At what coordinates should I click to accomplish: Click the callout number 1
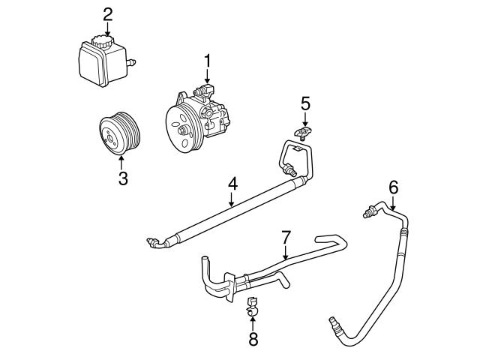(x=207, y=59)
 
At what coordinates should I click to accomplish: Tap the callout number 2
(x=108, y=13)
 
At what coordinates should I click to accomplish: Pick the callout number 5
(x=305, y=102)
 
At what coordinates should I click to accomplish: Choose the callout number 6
(x=393, y=187)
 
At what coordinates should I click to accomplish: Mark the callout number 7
(x=286, y=237)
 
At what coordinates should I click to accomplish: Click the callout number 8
(x=253, y=338)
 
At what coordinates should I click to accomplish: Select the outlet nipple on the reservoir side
(x=132, y=58)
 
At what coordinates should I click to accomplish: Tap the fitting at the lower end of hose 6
(x=334, y=325)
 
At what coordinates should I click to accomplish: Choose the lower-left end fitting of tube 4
(x=155, y=241)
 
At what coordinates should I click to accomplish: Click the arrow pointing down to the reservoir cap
(x=108, y=27)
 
